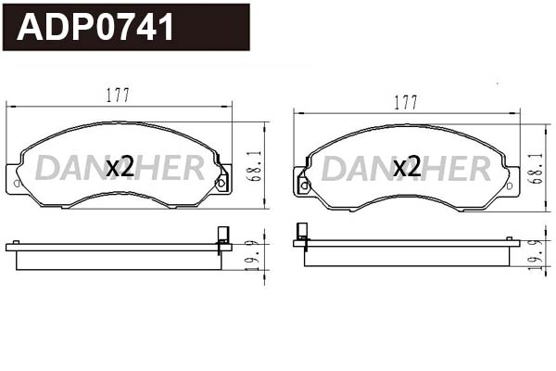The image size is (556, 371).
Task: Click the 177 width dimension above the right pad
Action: coord(405,102)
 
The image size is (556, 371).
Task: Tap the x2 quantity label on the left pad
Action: coord(120,168)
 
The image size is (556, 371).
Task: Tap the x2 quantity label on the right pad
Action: coord(407,168)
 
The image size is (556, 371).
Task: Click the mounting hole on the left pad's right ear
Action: coord(221,183)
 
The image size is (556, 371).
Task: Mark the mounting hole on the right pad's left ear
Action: coord(303,185)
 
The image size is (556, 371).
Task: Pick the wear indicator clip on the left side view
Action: coord(221,238)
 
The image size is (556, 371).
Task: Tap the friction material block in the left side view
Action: coord(119,260)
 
